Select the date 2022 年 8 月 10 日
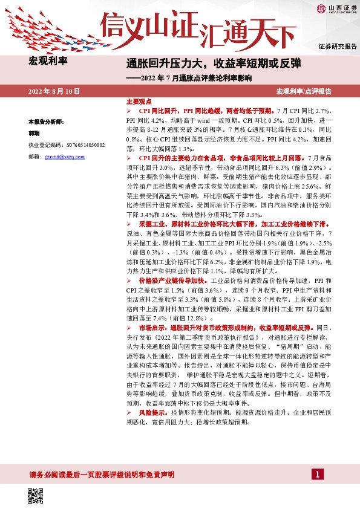tap(54, 91)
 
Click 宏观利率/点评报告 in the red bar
tap(303, 91)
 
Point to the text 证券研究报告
tap(337, 47)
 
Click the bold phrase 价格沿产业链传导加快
tap(173, 281)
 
